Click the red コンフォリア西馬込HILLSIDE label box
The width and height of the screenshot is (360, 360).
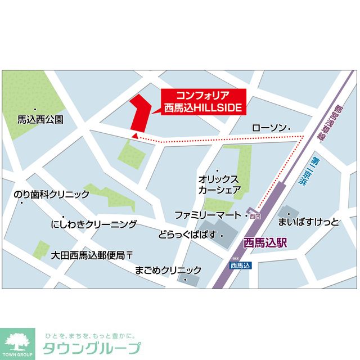click(203, 102)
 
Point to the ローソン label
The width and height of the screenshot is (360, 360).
click(268, 128)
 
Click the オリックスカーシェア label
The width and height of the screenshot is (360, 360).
click(219, 184)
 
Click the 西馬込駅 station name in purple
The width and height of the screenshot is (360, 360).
click(265, 244)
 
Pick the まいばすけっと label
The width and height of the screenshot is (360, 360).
click(309, 222)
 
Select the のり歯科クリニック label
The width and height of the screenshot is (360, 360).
click(51, 195)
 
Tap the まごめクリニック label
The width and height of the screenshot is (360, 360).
click(168, 269)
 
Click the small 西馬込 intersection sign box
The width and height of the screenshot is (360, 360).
click(240, 265)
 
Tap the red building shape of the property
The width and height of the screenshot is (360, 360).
click(137, 112)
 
